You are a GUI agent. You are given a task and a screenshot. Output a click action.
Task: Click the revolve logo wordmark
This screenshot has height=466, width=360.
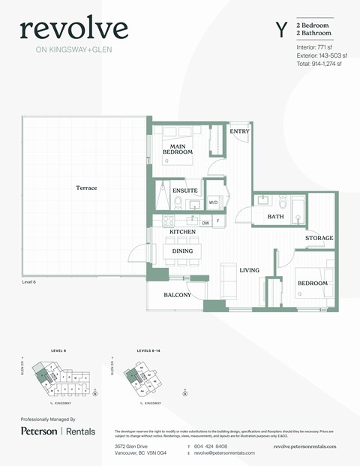pos(73,29)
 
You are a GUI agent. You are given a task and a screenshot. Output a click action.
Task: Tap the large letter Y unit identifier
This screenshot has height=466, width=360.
pos(281,30)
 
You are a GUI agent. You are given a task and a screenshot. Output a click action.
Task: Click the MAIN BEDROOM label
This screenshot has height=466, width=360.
pos(178,149)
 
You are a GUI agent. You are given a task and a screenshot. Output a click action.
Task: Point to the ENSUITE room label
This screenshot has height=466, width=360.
pos(184,191)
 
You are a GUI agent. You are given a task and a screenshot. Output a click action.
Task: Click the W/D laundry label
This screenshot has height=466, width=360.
pos(213,203)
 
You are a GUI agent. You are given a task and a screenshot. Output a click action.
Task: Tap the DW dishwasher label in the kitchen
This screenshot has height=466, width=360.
pos(205,223)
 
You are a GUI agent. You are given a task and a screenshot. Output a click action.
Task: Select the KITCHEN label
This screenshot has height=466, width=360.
pos(182,233)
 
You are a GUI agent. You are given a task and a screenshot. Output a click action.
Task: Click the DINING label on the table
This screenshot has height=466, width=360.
pos(183,251)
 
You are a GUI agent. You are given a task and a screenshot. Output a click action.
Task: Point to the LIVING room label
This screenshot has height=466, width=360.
pos(249,270)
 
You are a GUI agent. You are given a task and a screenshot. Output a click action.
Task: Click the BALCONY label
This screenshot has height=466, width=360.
pos(178,295)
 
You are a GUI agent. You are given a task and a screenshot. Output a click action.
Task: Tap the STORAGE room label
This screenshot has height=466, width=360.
pos(319,238)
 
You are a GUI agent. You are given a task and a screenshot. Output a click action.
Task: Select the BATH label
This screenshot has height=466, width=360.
pos(276,217)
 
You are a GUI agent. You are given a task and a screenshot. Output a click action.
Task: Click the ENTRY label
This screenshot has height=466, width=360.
pos(239,131)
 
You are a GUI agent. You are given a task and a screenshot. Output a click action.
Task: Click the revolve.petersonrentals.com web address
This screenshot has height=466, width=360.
pos(304,446)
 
